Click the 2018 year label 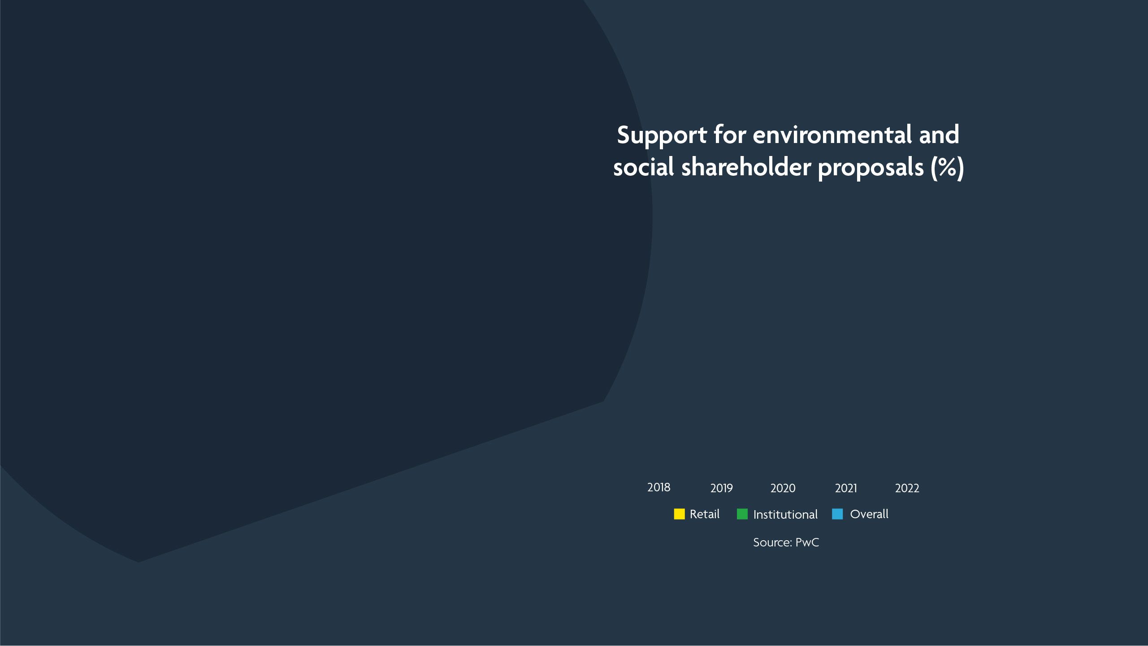tap(658, 487)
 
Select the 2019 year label tap(721, 488)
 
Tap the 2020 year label tap(783, 488)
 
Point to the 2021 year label tap(845, 488)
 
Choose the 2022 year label tap(907, 488)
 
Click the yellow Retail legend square tap(679, 514)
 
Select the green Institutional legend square tap(742, 514)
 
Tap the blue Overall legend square tap(837, 514)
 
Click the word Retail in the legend tap(704, 514)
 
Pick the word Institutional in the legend tap(785, 515)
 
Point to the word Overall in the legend tap(869, 514)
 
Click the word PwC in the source tap(807, 542)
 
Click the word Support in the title tap(662, 135)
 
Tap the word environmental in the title tap(832, 134)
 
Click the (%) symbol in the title tap(947, 168)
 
